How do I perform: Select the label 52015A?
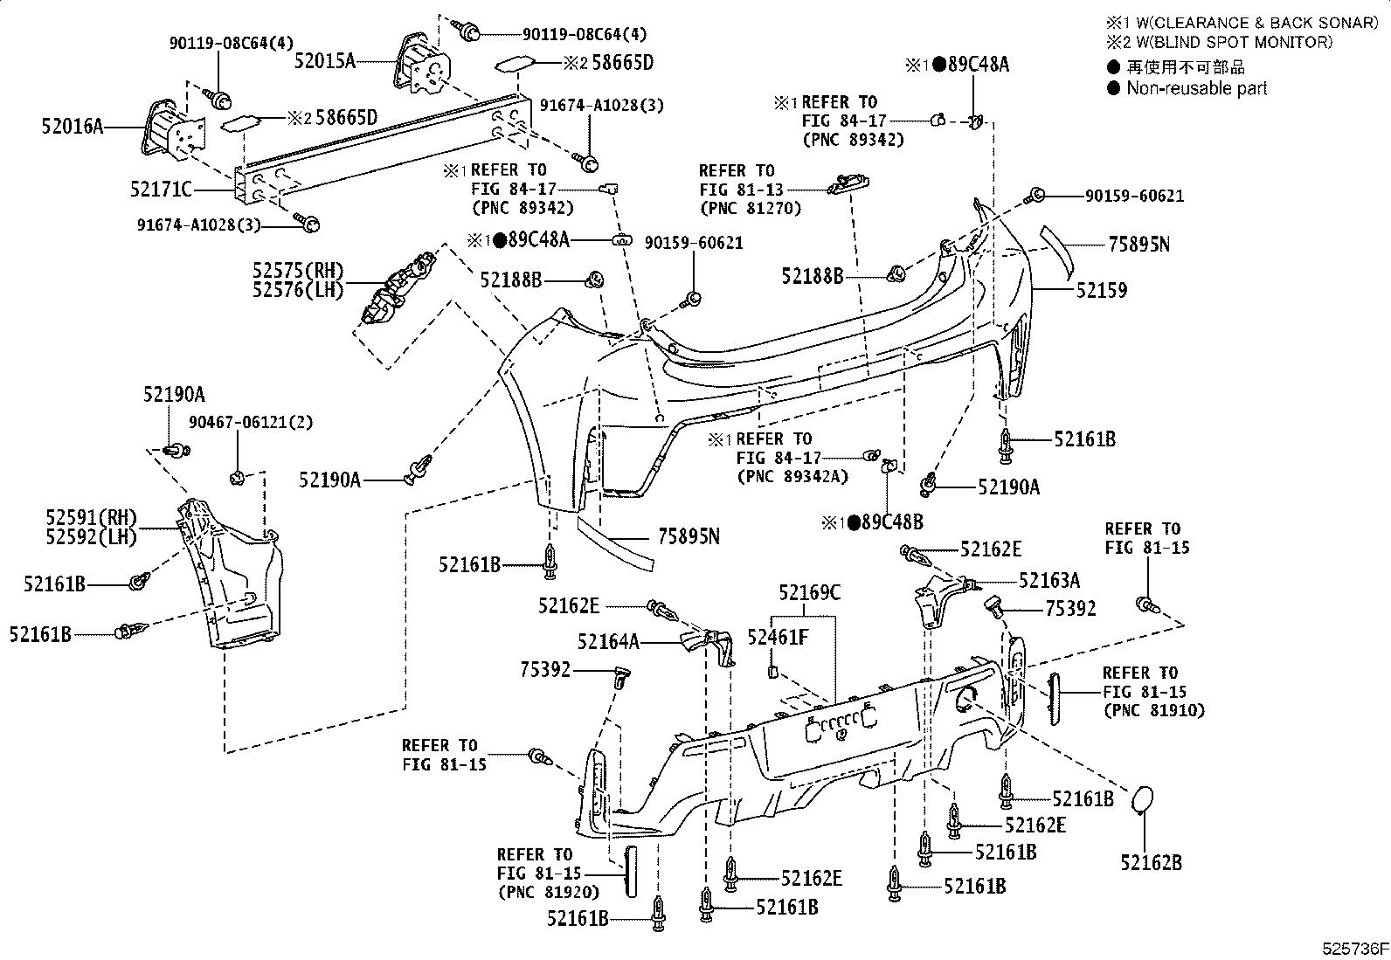[x=325, y=60]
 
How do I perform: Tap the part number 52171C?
[x=161, y=189]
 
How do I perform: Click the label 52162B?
[x=1152, y=863]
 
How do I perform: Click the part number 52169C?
[x=809, y=593]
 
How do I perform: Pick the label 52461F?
[x=778, y=638]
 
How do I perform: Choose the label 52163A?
[x=1049, y=580]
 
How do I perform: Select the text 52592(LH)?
[x=92, y=536]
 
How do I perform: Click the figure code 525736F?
[x=1353, y=949]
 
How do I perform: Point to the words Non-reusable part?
[x=1196, y=88]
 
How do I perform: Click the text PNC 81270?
[x=750, y=209]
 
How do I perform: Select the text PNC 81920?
[x=549, y=892]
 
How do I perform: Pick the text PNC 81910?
[x=1153, y=710]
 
